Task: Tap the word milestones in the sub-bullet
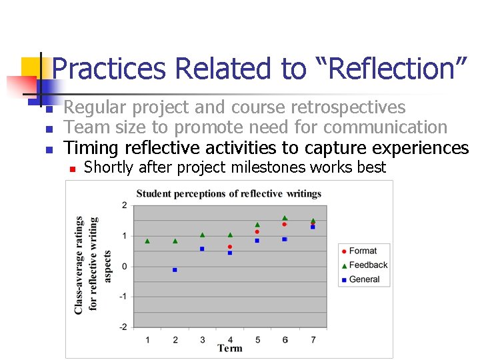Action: point(274,167)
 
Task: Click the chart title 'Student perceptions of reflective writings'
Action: point(229,194)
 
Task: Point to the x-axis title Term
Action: point(230,349)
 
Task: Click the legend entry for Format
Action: point(363,251)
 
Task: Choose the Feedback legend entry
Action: point(368,265)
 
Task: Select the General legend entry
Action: point(364,279)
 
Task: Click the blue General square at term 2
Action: point(175,270)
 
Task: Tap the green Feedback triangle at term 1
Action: point(147,241)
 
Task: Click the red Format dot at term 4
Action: point(230,247)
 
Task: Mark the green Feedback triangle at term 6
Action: point(285,218)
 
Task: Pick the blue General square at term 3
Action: point(202,249)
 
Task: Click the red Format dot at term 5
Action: point(257,232)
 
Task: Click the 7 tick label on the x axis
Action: point(313,339)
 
